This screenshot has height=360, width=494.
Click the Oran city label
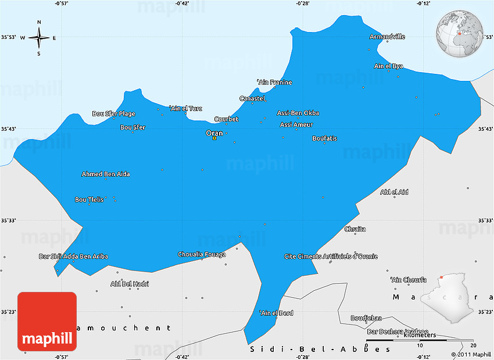click(x=214, y=133)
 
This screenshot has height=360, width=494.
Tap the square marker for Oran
click(x=214, y=138)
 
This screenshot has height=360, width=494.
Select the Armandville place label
click(x=387, y=37)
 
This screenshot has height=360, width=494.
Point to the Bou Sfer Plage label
click(x=114, y=113)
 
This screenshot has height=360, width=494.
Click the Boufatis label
click(x=324, y=138)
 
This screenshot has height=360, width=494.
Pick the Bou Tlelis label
click(x=89, y=199)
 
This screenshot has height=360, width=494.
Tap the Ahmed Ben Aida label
click(x=105, y=174)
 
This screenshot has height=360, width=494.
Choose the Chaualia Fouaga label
click(x=202, y=254)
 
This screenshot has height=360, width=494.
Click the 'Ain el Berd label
click(x=276, y=313)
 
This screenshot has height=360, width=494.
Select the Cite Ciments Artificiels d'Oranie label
click(x=331, y=256)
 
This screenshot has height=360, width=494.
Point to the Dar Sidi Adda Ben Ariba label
click(x=73, y=256)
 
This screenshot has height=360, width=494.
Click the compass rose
click(x=39, y=38)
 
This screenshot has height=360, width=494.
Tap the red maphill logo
click(x=47, y=322)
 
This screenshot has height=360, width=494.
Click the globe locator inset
click(x=460, y=33)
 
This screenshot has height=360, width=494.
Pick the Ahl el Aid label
click(x=394, y=192)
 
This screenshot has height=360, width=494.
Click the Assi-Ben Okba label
click(x=298, y=113)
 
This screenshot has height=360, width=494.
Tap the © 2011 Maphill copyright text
click(x=471, y=354)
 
